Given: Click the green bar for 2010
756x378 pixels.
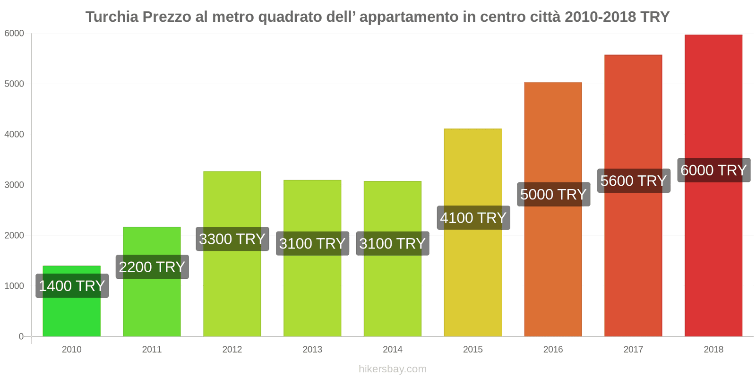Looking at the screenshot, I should (71, 317).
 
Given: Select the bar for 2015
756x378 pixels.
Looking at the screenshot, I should (472, 283).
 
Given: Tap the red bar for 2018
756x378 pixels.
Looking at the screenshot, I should (713, 260).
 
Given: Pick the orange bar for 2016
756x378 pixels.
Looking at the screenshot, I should (553, 274).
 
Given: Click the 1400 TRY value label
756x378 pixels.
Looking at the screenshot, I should (72, 286).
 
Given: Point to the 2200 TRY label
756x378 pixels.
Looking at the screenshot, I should (152, 267).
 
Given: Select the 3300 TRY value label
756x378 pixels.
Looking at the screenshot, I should (232, 239).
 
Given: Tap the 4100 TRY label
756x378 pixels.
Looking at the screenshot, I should (473, 218).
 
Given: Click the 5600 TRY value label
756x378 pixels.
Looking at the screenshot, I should (633, 180).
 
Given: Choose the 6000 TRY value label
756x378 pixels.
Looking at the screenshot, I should (713, 170).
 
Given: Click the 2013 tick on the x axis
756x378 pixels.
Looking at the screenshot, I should (312, 350).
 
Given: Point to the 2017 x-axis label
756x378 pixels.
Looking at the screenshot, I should (633, 350).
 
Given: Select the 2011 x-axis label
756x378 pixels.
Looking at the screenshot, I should (152, 350).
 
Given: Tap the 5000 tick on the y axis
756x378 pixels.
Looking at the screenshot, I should (14, 84).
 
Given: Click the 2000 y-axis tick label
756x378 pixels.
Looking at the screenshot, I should (14, 236).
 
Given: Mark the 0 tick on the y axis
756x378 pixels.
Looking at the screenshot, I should (21, 336).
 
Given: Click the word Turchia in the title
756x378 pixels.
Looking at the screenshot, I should (112, 17).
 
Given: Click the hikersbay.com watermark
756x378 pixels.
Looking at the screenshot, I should (392, 369).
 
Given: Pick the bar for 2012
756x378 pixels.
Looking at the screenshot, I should (232, 293).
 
